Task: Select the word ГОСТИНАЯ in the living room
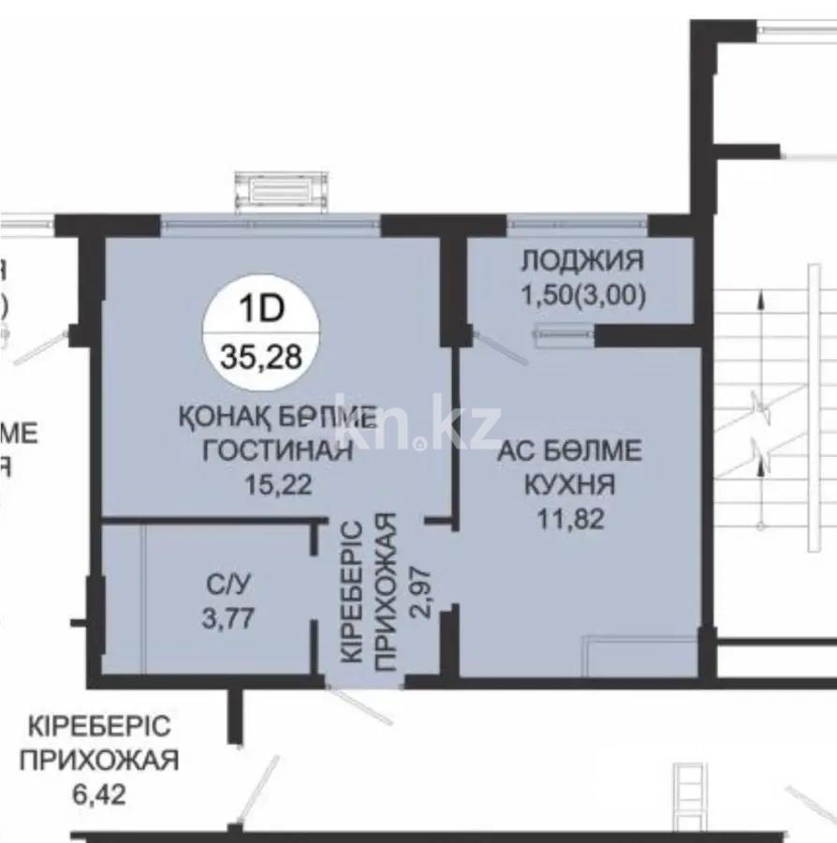(279, 451)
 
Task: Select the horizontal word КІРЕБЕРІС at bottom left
(98, 727)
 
